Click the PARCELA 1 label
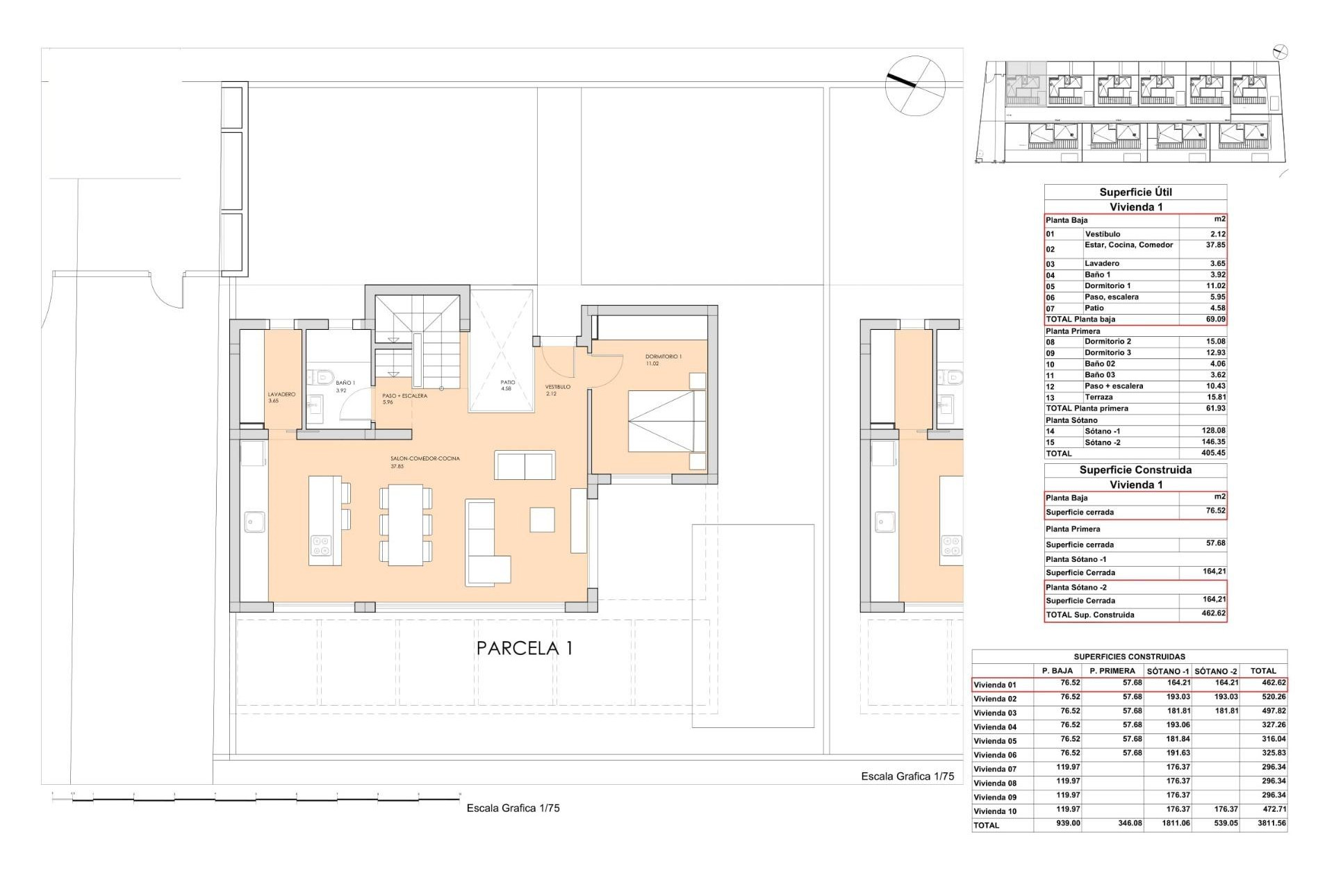pyautogui.click(x=525, y=648)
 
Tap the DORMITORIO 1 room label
pyautogui.click(x=663, y=357)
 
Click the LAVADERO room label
pyautogui.click(x=281, y=394)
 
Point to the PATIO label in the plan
pyautogui.click(x=507, y=383)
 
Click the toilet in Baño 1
pyautogui.click(x=322, y=377)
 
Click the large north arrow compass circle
pyautogui.click(x=915, y=85)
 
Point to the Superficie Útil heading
pyautogui.click(x=1135, y=192)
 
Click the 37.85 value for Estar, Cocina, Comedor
pyautogui.click(x=1214, y=245)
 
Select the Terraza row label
pyautogui.click(x=1098, y=397)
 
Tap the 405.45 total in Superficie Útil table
pyautogui.click(x=1212, y=453)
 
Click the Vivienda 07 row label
pyautogui.click(x=994, y=769)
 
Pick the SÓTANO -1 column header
pyautogui.click(x=1167, y=671)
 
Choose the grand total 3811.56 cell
pyautogui.click(x=1268, y=824)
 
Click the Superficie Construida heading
pyautogui.click(x=1135, y=470)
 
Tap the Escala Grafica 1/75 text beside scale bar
pyautogui.click(x=513, y=808)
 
